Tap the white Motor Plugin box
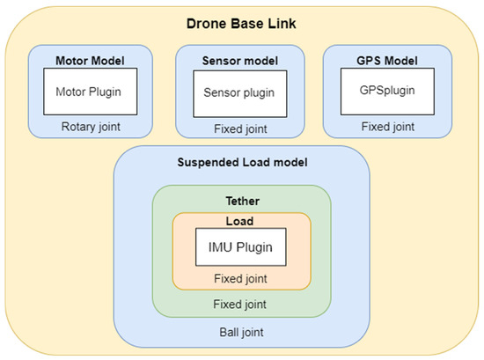click(x=90, y=91)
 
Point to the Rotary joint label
click(x=90, y=126)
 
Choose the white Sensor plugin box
click(x=240, y=91)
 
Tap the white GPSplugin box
click(x=388, y=90)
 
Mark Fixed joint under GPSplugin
click(x=388, y=126)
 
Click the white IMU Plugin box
click(x=240, y=247)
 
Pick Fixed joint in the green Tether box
click(x=240, y=304)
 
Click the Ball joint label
click(x=240, y=333)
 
